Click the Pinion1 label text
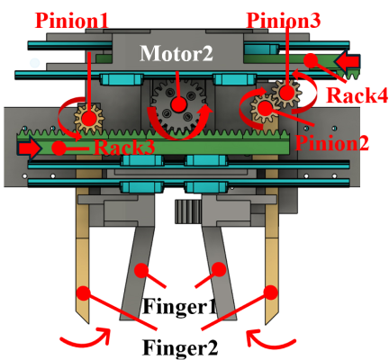pyautogui.click(x=71, y=21)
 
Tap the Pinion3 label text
pyautogui.click(x=283, y=21)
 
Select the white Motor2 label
pyautogui.click(x=176, y=53)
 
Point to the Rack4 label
pyautogui.click(x=357, y=95)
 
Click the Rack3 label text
pyautogui.click(x=124, y=148)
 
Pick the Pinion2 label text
pyautogui.click(x=332, y=143)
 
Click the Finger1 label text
pyautogui.click(x=179, y=307)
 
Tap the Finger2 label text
pyautogui.click(x=180, y=347)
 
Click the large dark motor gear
pyautogui.click(x=179, y=106)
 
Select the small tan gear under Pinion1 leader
pyautogui.click(x=89, y=119)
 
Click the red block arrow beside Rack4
pyautogui.click(x=348, y=62)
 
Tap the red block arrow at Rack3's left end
pyautogui.click(x=30, y=148)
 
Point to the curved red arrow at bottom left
pyautogui.click(x=86, y=338)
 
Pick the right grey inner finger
pyautogui.click(x=220, y=273)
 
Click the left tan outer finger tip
pyautogui.click(x=87, y=323)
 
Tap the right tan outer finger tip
pyautogui.click(x=267, y=323)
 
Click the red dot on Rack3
pyautogui.click(x=59, y=148)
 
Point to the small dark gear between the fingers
pyautogui.click(x=188, y=211)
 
